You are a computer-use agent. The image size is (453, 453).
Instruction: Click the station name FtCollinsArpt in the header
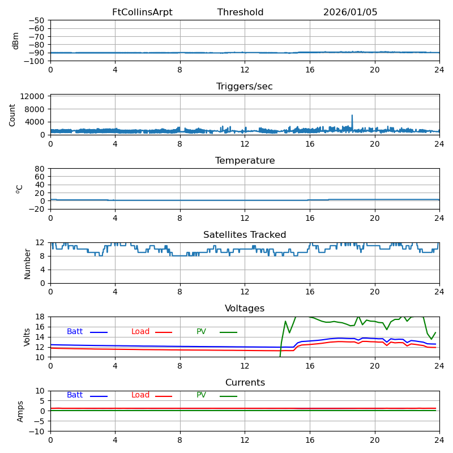pos(142,12)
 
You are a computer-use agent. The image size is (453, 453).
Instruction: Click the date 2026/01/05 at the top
pos(350,12)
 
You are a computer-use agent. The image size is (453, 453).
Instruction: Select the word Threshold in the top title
pos(240,12)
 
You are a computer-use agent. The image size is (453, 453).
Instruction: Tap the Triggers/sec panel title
pos(245,87)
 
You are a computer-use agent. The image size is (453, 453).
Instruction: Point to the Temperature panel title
pos(245,161)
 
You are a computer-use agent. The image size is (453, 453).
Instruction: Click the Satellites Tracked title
pos(245,235)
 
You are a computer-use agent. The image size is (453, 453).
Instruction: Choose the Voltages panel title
pos(245,309)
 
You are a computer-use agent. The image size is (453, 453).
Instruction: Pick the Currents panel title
pos(245,383)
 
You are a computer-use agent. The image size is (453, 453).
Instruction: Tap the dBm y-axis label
pos(16,40)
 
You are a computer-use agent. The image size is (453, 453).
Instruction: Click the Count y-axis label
pos(12,114)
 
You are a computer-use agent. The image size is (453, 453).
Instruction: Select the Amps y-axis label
pos(20,411)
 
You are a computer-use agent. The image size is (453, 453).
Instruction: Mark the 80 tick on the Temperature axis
pos(40,169)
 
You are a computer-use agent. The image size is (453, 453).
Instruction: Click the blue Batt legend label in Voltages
pos(75,332)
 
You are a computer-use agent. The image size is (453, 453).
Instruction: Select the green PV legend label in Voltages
pos(202,332)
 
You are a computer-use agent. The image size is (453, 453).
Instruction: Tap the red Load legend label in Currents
pos(140,395)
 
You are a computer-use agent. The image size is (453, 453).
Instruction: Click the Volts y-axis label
pos(27,337)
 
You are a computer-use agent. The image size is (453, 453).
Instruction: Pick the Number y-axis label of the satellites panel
pos(27,263)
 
